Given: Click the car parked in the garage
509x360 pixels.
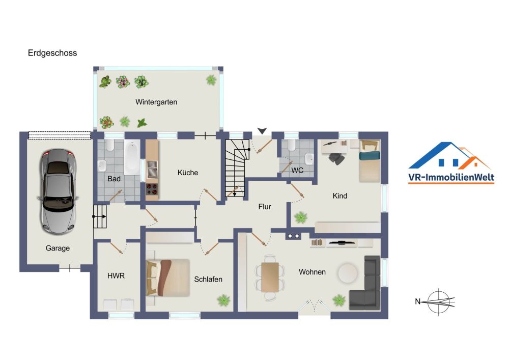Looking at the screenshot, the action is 58,192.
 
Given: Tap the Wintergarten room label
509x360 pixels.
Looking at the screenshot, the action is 156,102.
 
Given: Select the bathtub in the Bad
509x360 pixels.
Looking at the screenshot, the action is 132,157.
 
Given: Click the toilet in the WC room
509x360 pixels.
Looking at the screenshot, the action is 291,145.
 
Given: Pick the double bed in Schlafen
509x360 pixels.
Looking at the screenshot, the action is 168,278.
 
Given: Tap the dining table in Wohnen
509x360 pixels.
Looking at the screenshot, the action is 270,277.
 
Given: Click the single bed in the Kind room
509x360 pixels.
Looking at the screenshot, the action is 370,161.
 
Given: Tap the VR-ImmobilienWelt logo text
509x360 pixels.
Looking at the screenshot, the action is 451,177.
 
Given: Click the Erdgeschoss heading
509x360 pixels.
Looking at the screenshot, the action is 52,53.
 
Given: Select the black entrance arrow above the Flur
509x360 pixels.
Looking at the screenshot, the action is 262,131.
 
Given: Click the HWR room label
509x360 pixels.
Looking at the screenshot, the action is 116,275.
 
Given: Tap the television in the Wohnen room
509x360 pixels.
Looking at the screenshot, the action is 341,242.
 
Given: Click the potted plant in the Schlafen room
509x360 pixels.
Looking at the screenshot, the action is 223,300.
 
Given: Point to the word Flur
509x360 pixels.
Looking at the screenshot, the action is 265,206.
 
